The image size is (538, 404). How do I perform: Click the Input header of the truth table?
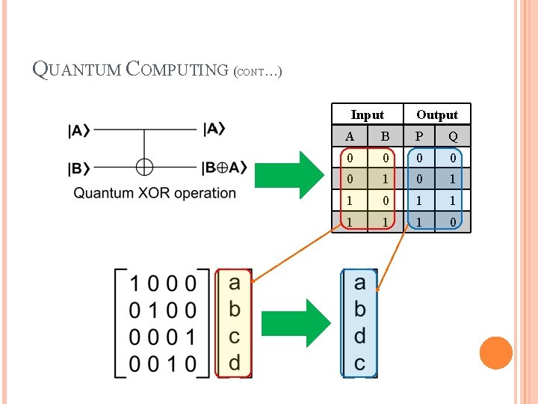[x=367, y=114]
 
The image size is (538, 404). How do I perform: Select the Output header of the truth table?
[x=437, y=114]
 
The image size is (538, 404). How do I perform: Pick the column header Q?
[x=453, y=136]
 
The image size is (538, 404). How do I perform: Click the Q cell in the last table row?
[x=453, y=222]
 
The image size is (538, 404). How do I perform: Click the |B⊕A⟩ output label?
[x=224, y=168]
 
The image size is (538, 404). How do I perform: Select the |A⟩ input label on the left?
[x=79, y=131]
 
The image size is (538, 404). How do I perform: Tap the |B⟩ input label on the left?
[x=79, y=168]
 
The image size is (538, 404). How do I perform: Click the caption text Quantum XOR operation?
[x=155, y=193]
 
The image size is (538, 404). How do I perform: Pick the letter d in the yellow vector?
[x=234, y=363]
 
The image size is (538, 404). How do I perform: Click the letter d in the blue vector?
[x=359, y=336]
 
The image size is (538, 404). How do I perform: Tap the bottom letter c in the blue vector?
[x=359, y=363]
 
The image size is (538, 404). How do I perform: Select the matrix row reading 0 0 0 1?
[x=163, y=337]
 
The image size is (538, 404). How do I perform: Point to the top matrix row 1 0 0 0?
[x=163, y=284]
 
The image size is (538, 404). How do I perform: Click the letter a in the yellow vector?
[x=234, y=283]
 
